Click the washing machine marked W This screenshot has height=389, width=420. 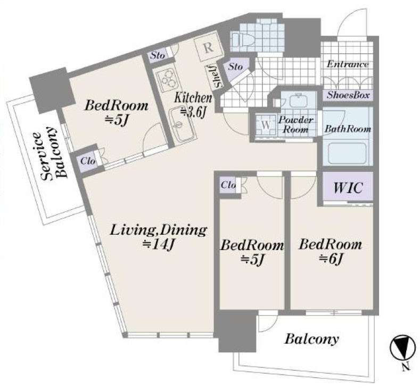(x=266, y=126)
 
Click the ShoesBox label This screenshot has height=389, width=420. (x=348, y=95)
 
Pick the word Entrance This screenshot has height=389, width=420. (x=348, y=64)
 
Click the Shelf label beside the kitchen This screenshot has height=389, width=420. (x=217, y=77)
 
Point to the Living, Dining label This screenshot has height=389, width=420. (x=159, y=230)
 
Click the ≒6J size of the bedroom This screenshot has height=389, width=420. (x=331, y=259)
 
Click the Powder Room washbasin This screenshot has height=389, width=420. (x=298, y=100)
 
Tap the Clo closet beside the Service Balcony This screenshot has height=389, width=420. (x=88, y=161)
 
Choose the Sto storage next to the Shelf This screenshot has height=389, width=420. (x=236, y=67)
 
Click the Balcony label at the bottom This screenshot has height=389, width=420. (x=311, y=339)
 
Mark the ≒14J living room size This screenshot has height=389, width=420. (x=159, y=244)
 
